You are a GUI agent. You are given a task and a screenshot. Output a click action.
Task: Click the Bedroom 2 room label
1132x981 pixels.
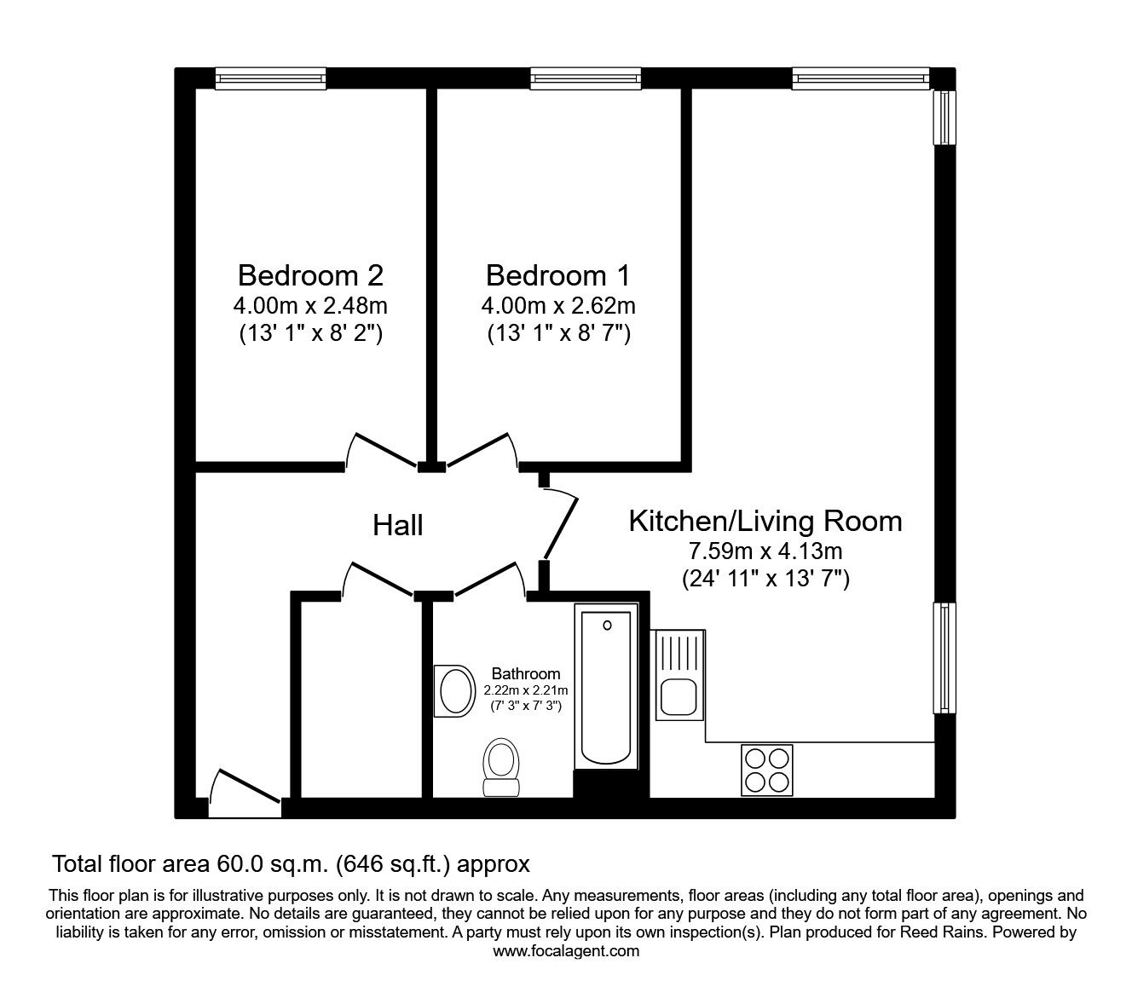pos(310,275)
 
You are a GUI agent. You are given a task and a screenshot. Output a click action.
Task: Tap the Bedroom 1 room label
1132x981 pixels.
pos(558,275)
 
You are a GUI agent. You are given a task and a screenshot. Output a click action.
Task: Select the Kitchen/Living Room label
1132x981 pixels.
pos(765,521)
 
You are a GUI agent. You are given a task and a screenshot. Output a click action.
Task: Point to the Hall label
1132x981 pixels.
pos(398,525)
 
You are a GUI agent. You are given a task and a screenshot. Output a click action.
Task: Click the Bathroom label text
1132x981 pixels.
pos(526,673)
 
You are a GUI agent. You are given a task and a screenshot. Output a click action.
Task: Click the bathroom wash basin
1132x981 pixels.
pos(455,690)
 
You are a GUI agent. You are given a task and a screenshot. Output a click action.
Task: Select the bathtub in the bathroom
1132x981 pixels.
pos(606,687)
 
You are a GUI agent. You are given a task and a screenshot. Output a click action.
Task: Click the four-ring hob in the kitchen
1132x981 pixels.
pos(767,770)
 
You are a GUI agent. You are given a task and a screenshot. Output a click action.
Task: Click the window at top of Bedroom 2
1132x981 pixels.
pos(270,79)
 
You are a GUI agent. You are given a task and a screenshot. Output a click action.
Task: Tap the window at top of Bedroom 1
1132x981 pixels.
pos(586,79)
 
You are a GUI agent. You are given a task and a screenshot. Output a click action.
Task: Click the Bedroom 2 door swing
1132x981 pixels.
pos(381,451)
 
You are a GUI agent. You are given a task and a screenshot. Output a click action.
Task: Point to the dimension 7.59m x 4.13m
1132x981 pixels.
pos(765,551)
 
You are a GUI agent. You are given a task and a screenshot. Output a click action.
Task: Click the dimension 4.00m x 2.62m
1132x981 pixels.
pos(558,305)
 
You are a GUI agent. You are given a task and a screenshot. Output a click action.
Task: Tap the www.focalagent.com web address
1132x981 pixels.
pos(566,951)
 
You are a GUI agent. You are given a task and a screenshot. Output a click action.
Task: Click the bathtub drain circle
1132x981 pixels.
pos(607,626)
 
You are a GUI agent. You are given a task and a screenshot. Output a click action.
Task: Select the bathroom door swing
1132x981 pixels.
pos(488,580)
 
